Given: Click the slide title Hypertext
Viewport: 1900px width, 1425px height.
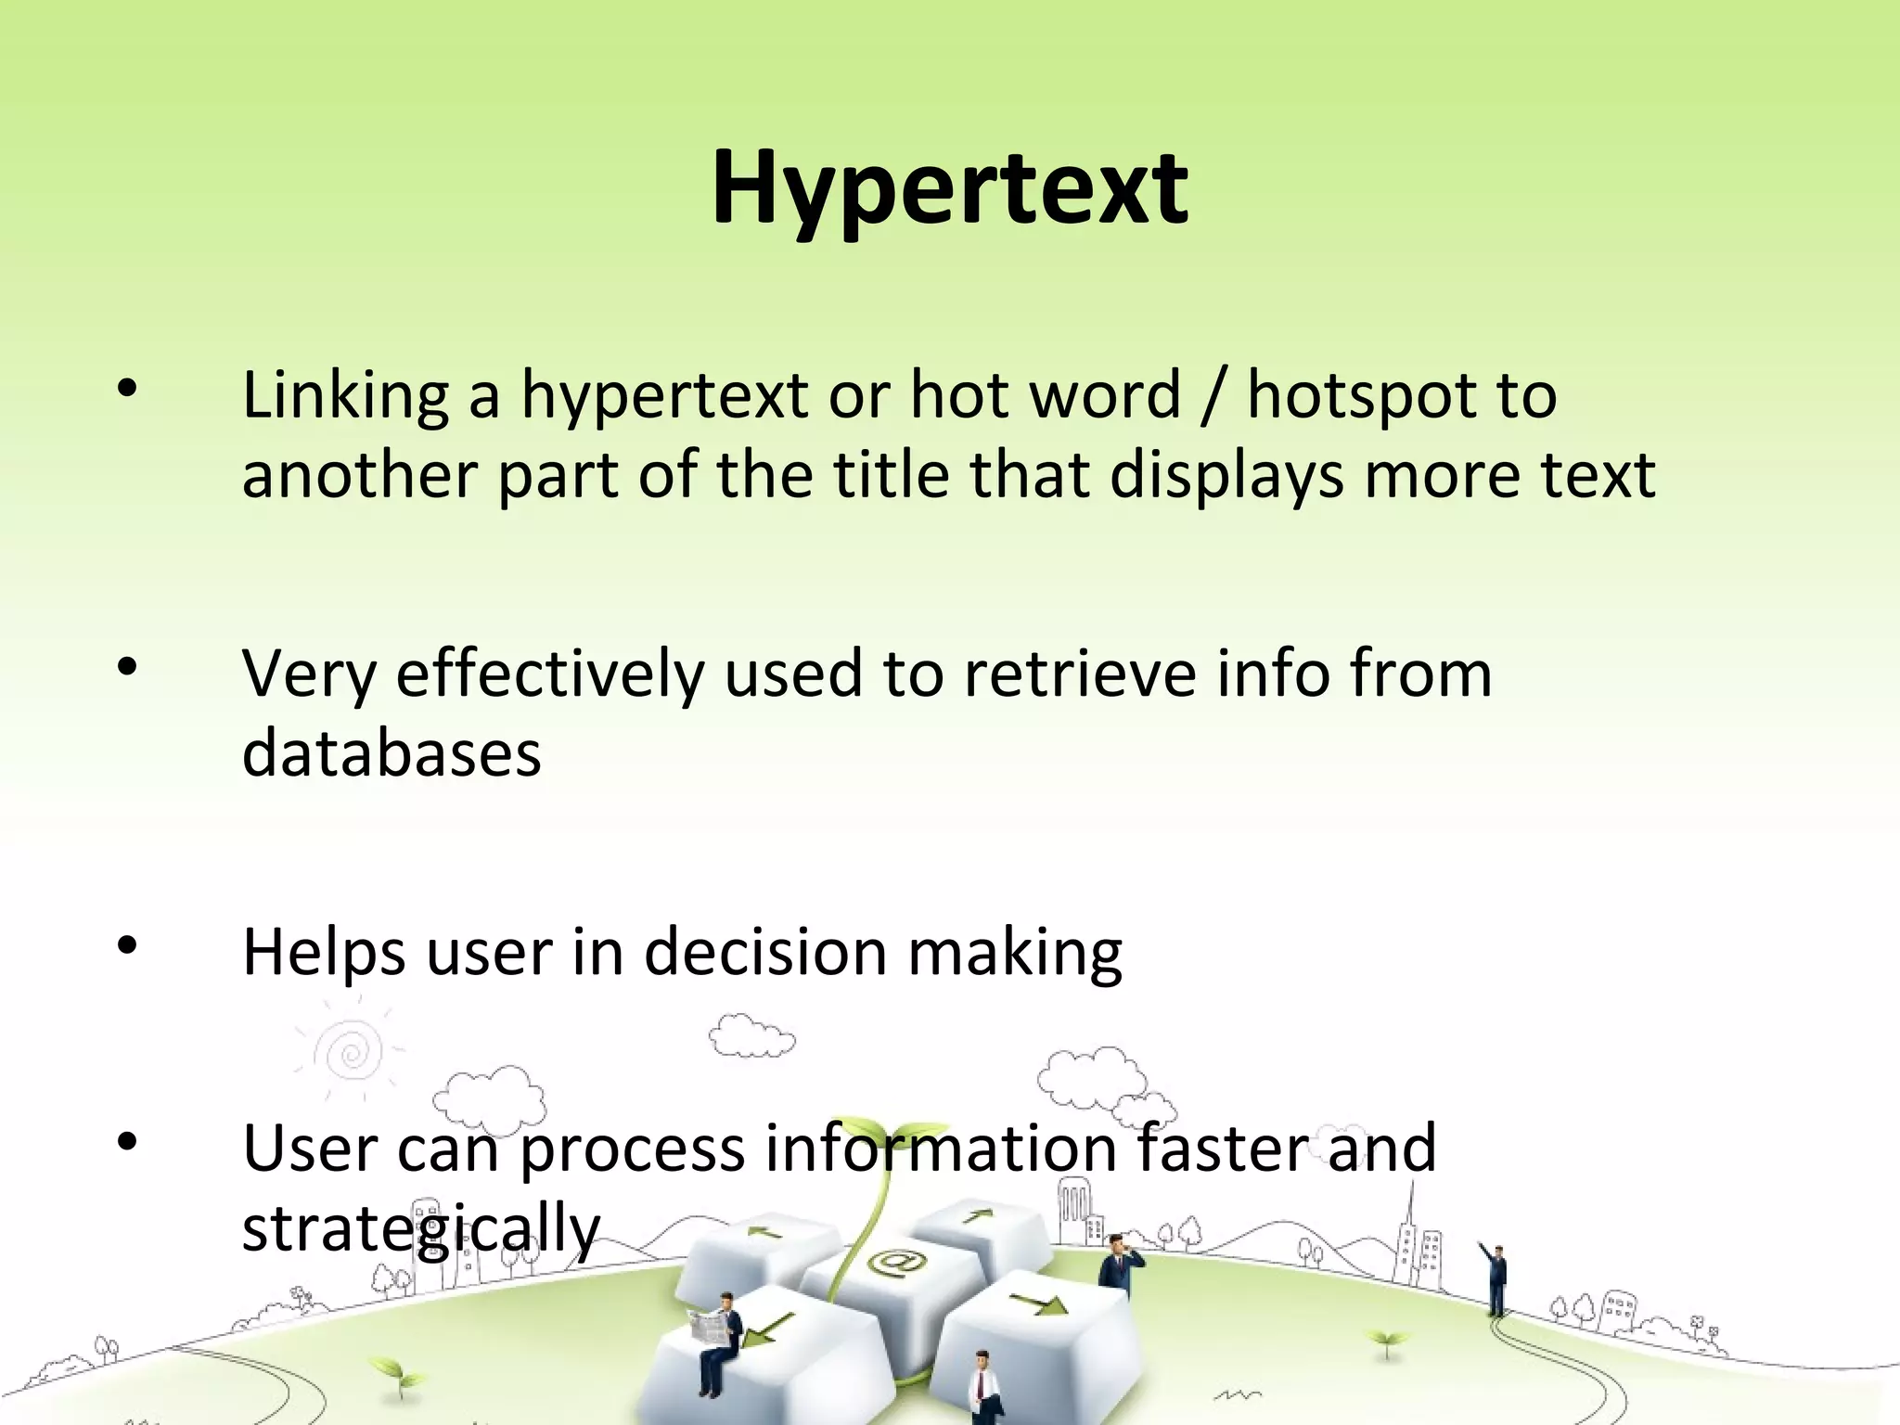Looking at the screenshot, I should click(x=949, y=190).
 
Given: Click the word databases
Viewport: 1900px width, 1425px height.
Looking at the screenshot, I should click(x=392, y=752).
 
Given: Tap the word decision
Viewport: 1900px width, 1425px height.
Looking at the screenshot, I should click(x=765, y=953).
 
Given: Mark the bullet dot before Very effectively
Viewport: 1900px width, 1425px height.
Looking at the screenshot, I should click(x=127, y=666).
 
